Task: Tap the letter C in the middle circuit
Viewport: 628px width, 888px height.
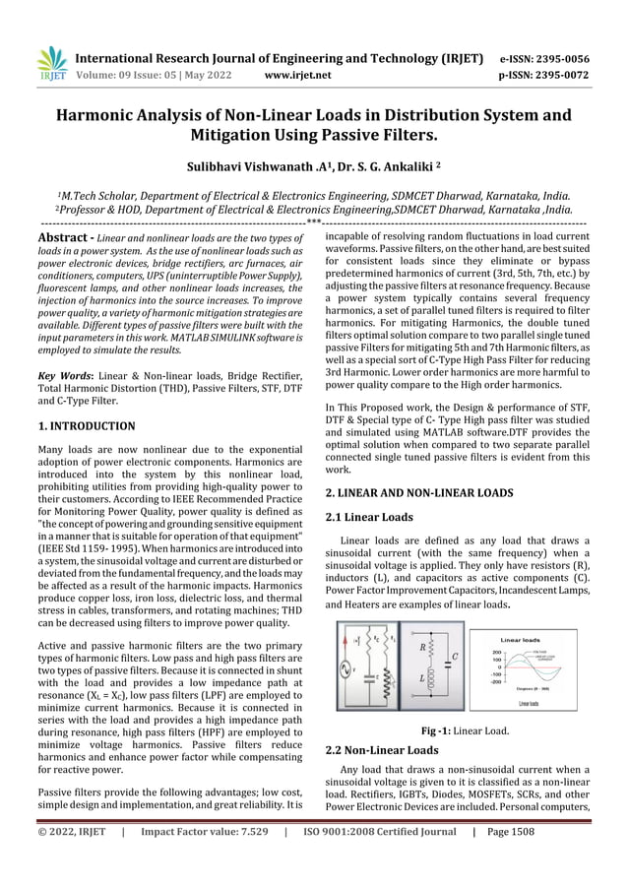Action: (454, 657)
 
